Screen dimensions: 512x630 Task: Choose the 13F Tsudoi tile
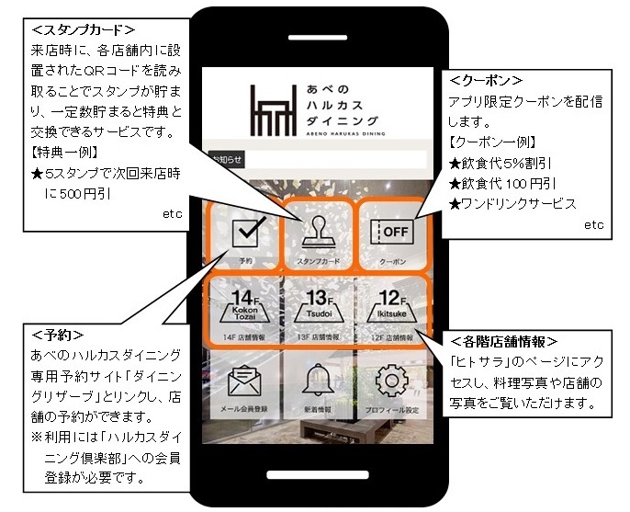[x=317, y=310]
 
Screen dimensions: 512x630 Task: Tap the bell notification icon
[x=317, y=382]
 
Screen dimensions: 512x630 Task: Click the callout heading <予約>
[x=57, y=335]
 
